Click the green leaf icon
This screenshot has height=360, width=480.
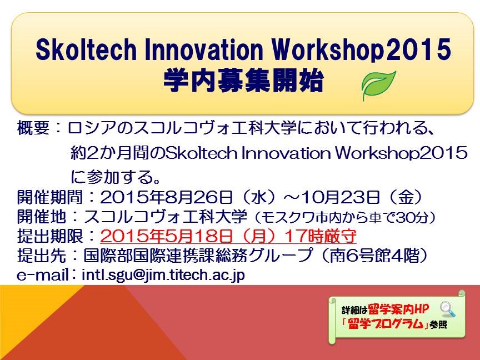click(x=378, y=86)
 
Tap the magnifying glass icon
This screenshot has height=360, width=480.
click(x=448, y=309)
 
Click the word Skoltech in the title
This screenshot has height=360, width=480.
click(x=86, y=50)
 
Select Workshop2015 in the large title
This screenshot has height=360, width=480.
click(x=362, y=50)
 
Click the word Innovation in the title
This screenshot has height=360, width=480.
click(x=204, y=50)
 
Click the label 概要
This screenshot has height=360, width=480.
click(x=33, y=128)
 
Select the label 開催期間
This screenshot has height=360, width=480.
click(x=49, y=197)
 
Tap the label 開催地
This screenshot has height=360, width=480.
click(x=41, y=217)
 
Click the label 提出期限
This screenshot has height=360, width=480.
click(x=49, y=236)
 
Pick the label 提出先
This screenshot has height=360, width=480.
click(x=41, y=256)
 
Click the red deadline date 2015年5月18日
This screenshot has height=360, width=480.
click(x=167, y=236)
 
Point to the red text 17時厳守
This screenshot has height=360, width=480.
click(x=321, y=236)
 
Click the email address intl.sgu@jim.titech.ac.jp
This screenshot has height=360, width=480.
click(x=163, y=275)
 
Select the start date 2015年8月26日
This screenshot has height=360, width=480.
click(x=167, y=197)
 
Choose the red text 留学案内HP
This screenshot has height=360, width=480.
click(x=398, y=309)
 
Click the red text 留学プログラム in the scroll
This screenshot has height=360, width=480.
click(x=385, y=324)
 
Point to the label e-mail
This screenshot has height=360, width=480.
click(x=43, y=275)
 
